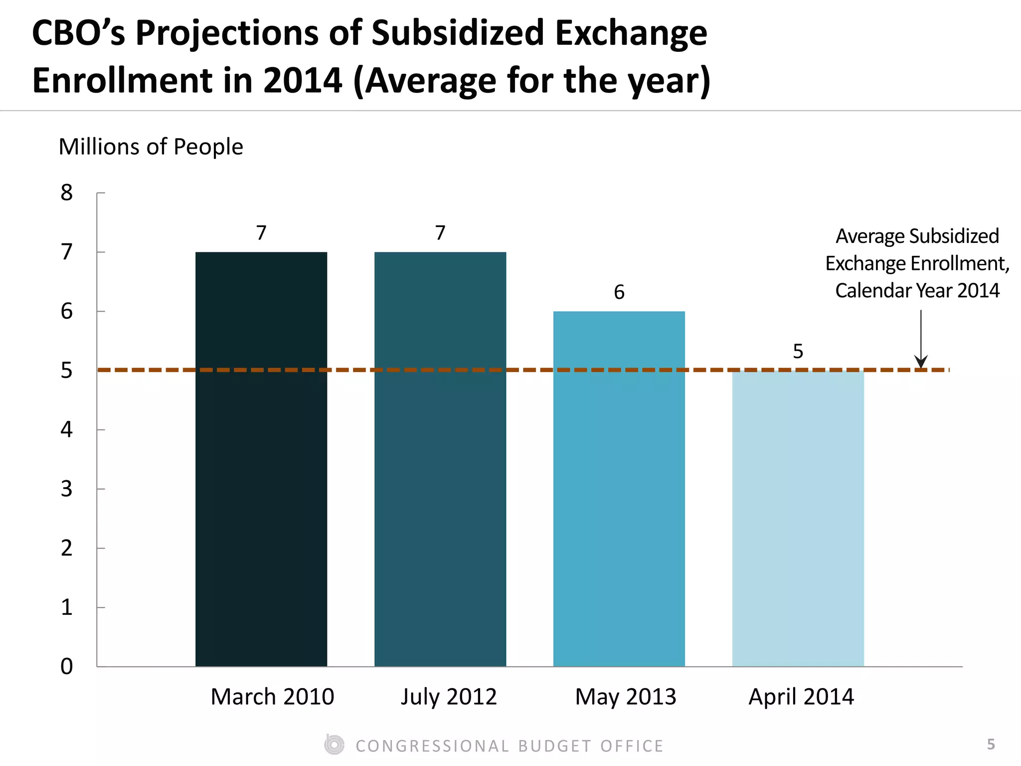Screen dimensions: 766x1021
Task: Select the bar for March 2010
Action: coord(261,459)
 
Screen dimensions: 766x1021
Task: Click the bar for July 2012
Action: coord(440,459)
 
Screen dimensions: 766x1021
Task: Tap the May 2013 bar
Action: coord(619,489)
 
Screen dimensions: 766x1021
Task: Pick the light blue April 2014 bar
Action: coord(798,519)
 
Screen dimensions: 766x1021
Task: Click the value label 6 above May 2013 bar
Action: coord(619,292)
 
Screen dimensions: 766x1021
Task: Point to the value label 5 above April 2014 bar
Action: coord(798,352)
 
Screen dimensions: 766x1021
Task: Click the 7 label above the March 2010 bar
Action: coord(261,233)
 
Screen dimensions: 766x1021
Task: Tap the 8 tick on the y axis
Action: coord(67,193)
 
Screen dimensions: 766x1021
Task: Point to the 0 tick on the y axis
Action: coord(67,667)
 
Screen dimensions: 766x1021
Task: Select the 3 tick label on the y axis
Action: coord(67,489)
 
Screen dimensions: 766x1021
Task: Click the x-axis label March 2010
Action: coord(272,697)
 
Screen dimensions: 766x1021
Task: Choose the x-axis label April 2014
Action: coord(801,697)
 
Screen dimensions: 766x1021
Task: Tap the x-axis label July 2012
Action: coord(449,697)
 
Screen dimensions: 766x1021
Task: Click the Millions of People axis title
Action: coord(151,147)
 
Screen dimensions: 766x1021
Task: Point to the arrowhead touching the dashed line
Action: coord(921,363)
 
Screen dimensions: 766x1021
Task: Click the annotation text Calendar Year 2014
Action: coord(917,291)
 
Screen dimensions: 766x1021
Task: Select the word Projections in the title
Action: coord(227,33)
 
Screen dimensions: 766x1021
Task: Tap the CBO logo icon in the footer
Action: coord(334,745)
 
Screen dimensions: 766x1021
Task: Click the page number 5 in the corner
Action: coord(991,745)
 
